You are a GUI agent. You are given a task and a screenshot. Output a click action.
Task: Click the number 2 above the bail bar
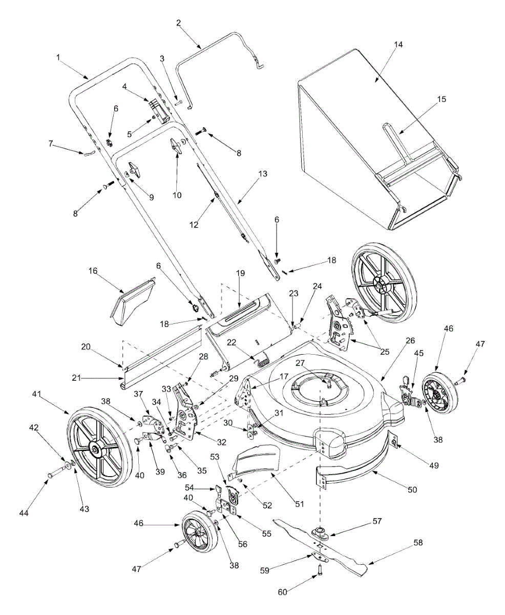[x=178, y=23]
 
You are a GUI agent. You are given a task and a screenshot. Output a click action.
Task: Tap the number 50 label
[x=412, y=489]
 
